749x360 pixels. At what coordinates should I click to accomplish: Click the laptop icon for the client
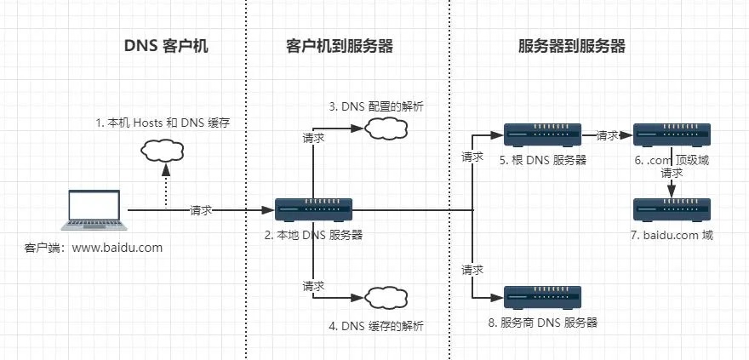pos(94,210)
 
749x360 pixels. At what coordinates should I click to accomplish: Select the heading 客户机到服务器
pos(339,47)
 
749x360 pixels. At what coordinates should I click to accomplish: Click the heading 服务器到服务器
pos(572,47)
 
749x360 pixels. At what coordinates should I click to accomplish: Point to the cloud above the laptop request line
pos(164,151)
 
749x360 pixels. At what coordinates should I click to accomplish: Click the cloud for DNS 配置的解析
pos(386,129)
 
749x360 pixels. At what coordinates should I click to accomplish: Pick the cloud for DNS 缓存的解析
pos(386,297)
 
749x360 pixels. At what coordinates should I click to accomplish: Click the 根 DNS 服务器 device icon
pos(542,134)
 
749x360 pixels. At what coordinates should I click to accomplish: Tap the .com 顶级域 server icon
pos(672,134)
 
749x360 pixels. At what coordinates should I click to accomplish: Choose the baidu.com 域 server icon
pos(672,209)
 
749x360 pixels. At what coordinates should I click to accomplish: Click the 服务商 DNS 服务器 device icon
pos(542,296)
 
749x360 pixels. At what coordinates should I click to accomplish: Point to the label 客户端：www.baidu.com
pos(94,248)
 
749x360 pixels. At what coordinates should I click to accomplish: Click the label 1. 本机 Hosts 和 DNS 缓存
pos(163,123)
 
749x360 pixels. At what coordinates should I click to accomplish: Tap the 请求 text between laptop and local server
pos(201,210)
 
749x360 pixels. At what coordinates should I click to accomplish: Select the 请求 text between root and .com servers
pos(607,134)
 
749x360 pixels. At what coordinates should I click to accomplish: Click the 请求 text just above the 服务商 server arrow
pos(472,270)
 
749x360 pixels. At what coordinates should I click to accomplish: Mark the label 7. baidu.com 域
pos(672,235)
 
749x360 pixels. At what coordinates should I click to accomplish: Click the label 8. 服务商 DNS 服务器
pos(549,323)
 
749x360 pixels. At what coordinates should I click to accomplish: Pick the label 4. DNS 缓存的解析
pos(376,325)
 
